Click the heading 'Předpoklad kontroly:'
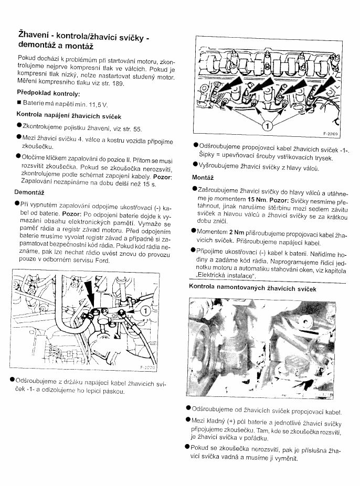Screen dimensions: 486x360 tap(48, 93)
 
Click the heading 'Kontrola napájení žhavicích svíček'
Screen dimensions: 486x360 tap(68, 115)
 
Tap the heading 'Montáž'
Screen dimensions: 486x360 tap(203, 177)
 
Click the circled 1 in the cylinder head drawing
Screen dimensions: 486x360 tap(267, 126)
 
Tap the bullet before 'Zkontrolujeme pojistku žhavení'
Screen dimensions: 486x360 tap(19, 127)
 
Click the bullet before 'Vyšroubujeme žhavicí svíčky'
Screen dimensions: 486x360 tap(195, 168)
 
